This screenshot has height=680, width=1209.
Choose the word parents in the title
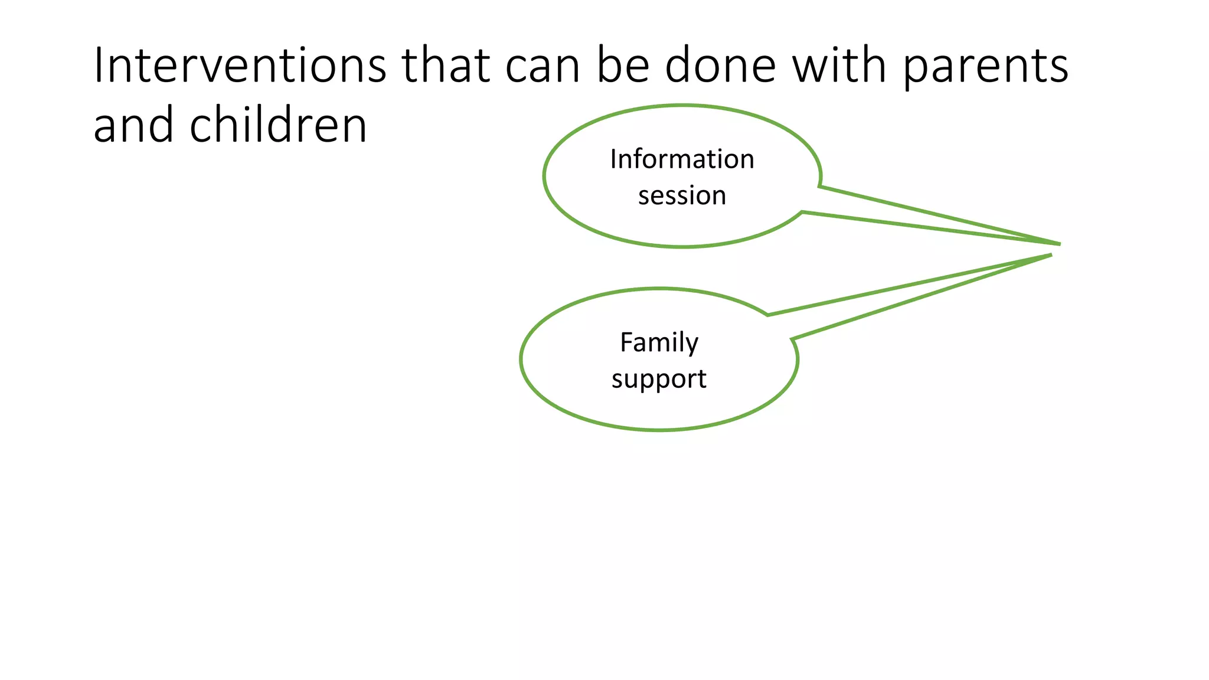pyautogui.click(x=986, y=68)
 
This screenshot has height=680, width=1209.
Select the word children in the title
pyautogui.click(x=278, y=125)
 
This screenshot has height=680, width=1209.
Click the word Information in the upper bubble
pyautogui.click(x=682, y=159)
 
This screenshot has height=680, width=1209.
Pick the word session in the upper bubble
pyautogui.click(x=682, y=196)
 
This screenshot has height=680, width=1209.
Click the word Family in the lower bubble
pyautogui.click(x=659, y=343)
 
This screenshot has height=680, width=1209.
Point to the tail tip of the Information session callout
pyautogui.click(x=1059, y=244)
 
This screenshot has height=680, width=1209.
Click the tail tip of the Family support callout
pyautogui.click(x=1051, y=255)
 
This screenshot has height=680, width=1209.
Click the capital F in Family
pyautogui.click(x=625, y=342)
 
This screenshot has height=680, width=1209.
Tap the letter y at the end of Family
pyautogui.click(x=692, y=345)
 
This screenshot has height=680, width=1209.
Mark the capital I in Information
pyautogui.click(x=613, y=159)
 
